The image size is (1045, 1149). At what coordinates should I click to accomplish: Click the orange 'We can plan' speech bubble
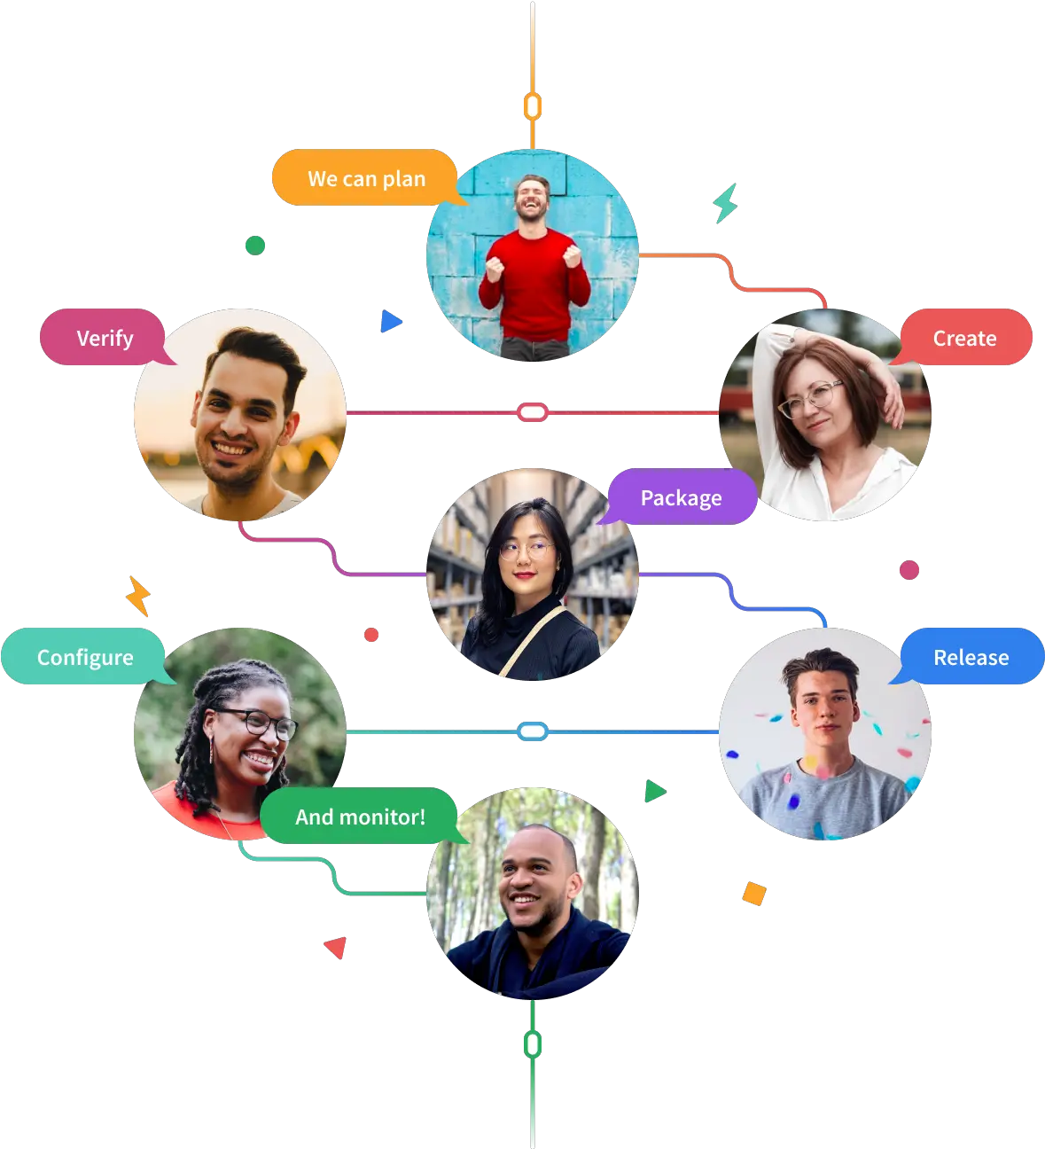coord(366,178)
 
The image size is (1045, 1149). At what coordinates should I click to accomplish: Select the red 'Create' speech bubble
coord(965,338)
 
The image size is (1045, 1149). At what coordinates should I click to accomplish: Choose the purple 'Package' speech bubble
coord(681,497)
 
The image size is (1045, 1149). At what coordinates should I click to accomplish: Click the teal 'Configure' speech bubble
coord(85,656)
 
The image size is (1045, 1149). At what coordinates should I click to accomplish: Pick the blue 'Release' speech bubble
coord(971,656)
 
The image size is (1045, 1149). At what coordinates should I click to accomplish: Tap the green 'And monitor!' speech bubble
coord(360,817)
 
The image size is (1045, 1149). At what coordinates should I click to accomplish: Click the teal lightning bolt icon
coord(726,203)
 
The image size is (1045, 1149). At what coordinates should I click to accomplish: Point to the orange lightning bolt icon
coord(138,596)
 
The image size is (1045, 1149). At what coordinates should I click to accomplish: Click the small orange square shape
coord(754,894)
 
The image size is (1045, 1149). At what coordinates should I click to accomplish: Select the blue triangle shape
coord(391,321)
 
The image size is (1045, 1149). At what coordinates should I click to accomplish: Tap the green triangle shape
coord(654,791)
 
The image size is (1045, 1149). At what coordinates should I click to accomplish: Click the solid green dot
coord(254,246)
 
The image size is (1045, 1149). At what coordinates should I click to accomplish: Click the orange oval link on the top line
coord(533,106)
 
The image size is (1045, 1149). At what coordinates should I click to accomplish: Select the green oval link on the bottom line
coord(533,1044)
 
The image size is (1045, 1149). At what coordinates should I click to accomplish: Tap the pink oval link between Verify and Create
coord(533,412)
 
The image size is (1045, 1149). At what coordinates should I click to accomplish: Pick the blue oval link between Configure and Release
coord(533,731)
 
